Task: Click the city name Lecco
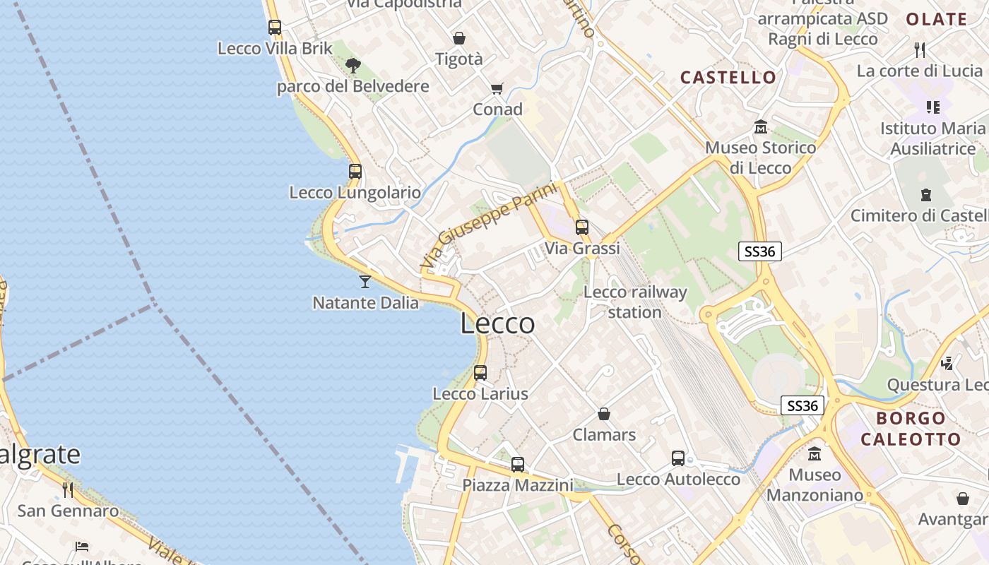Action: pyautogui.click(x=497, y=323)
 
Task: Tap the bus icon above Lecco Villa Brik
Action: pyautogui.click(x=275, y=28)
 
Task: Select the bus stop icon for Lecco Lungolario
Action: pyautogui.click(x=355, y=171)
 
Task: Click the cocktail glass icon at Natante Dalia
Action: pyautogui.click(x=365, y=282)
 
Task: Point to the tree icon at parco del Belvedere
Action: pyautogui.click(x=353, y=66)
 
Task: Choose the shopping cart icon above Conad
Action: pyautogui.click(x=497, y=88)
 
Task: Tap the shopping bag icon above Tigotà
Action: pyautogui.click(x=459, y=38)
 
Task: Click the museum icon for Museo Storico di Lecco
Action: pyautogui.click(x=761, y=127)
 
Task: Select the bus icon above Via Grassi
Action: pyautogui.click(x=581, y=227)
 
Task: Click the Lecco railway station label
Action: pyautogui.click(x=635, y=302)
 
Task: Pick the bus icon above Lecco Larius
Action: pyautogui.click(x=480, y=372)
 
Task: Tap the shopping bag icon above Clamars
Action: pyautogui.click(x=604, y=413)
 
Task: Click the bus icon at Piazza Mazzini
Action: pyautogui.click(x=518, y=464)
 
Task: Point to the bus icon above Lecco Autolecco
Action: pyautogui.click(x=678, y=458)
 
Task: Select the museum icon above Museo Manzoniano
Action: pyautogui.click(x=815, y=453)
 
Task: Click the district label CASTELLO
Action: pyautogui.click(x=728, y=77)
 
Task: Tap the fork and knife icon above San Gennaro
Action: pyautogui.click(x=68, y=489)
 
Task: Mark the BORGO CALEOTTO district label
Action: pyautogui.click(x=911, y=429)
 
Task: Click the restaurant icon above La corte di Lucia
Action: pyautogui.click(x=919, y=49)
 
